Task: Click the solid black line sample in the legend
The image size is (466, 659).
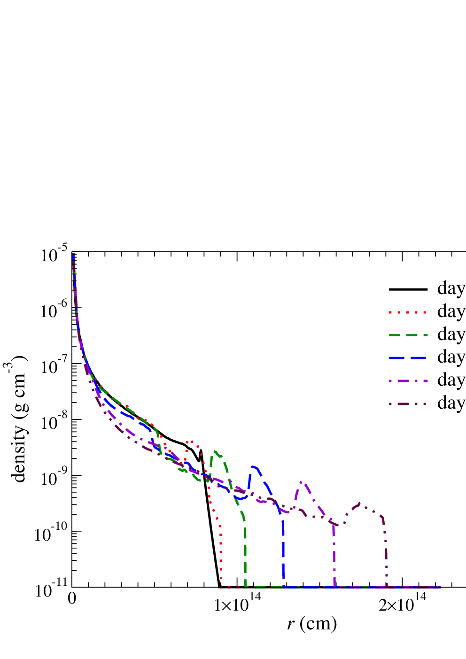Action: (x=408, y=289)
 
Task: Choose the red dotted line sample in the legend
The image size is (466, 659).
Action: (x=408, y=312)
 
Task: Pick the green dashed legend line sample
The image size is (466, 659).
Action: (x=408, y=335)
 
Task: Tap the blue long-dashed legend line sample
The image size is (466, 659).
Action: (x=408, y=358)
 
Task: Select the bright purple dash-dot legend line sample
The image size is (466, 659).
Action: (x=408, y=381)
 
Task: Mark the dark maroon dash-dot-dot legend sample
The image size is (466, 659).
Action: (x=408, y=404)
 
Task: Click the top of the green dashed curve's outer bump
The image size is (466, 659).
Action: (x=215, y=451)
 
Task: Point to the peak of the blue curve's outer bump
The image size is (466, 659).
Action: (x=254, y=466)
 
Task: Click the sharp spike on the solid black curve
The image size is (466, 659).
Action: (x=201, y=450)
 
